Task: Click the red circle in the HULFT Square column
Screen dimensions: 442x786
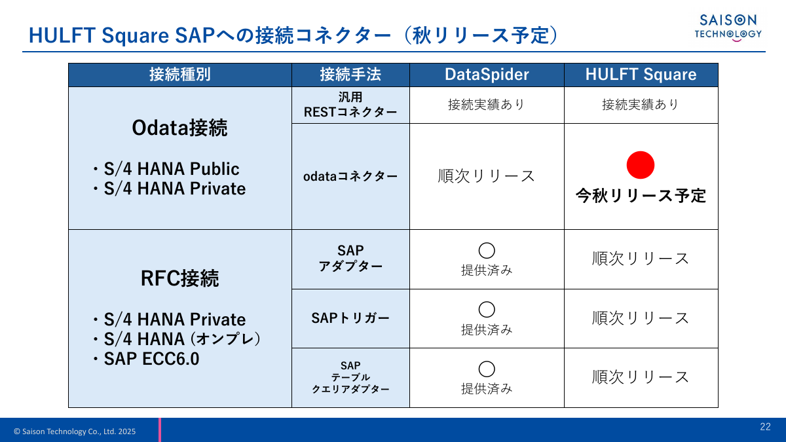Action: (x=641, y=165)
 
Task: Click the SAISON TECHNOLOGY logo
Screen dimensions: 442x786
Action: (x=728, y=28)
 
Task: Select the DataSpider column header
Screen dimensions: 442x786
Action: (x=487, y=75)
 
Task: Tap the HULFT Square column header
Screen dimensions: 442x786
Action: (x=641, y=75)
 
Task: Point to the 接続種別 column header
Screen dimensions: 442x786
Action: (x=180, y=75)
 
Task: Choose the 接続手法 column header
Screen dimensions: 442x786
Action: (x=350, y=75)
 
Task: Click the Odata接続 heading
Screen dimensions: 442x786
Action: (x=179, y=128)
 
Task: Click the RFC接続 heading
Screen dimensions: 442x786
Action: (x=179, y=279)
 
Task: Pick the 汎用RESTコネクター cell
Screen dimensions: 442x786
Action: (x=350, y=105)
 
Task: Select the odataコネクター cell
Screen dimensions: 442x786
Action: (x=350, y=177)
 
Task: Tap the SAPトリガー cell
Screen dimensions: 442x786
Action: (x=350, y=319)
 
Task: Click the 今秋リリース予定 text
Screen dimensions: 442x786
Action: (x=641, y=196)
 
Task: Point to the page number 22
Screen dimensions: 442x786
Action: (x=765, y=427)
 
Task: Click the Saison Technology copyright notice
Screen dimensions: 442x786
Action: (x=75, y=432)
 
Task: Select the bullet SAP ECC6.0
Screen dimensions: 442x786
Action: (x=151, y=359)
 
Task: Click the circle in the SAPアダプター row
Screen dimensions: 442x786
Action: (x=487, y=250)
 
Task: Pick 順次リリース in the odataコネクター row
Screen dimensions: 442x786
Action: (x=487, y=176)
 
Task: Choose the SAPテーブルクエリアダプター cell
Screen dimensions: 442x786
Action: (x=350, y=377)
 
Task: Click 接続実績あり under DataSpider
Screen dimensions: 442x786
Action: (x=487, y=105)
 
